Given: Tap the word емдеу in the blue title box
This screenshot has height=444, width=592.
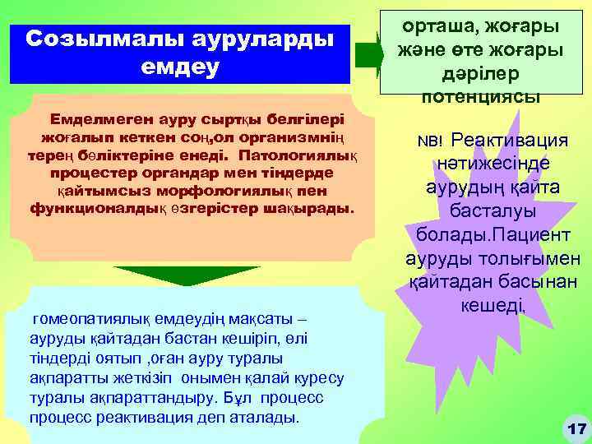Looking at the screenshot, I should [x=179, y=66].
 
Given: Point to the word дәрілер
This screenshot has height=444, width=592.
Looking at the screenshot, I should [x=480, y=75].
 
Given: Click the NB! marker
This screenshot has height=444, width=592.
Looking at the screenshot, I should [x=430, y=142].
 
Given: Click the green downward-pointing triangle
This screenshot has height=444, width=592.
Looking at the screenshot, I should [x=197, y=276].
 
